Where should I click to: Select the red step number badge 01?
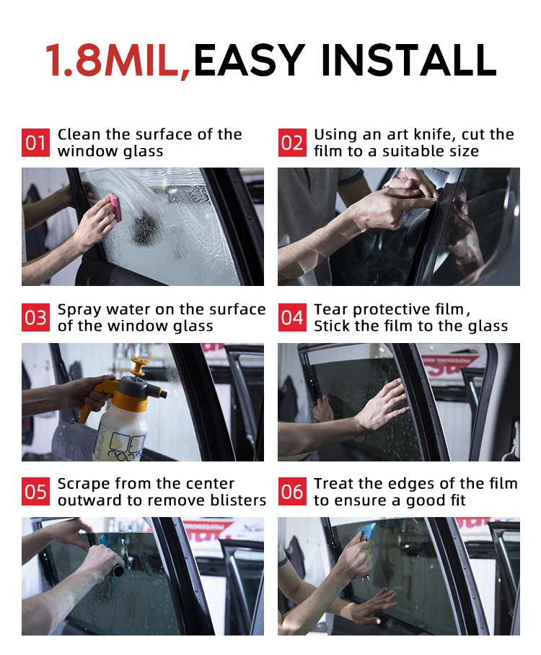pos(35,142)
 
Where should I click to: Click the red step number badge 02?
pos(292,142)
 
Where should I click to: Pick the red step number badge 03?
pos(35,318)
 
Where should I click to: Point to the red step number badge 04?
pos(292,318)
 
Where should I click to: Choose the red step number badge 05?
pos(35,491)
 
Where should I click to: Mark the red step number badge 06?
pos(292,491)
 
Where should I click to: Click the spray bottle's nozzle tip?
pos(164,394)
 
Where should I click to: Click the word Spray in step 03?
pos(79,311)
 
